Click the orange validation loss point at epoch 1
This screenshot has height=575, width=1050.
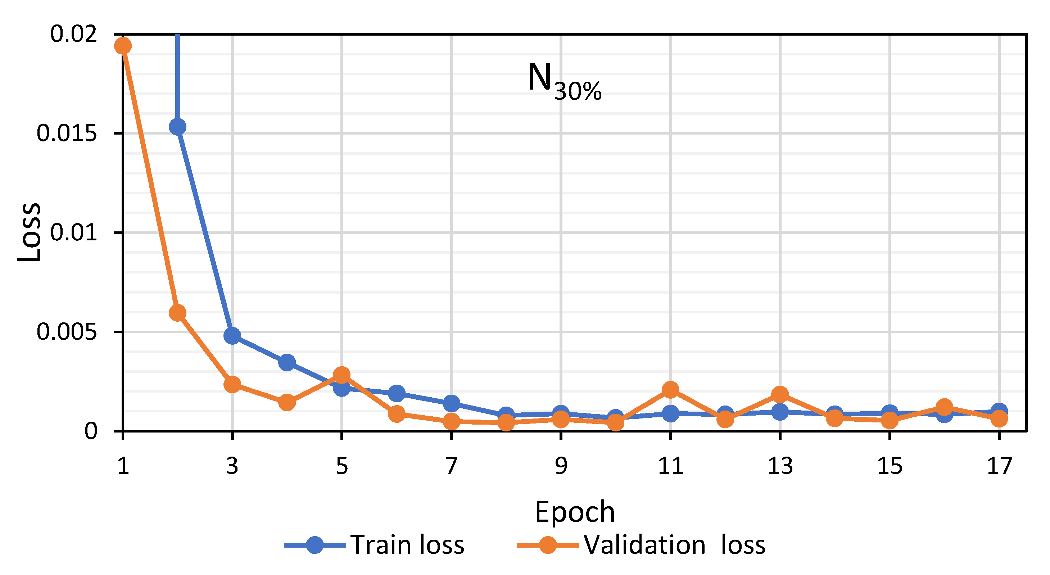click(x=123, y=46)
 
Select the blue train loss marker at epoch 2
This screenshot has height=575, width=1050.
click(x=177, y=127)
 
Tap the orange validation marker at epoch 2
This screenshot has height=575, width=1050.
click(x=177, y=313)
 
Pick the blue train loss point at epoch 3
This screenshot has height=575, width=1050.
click(x=232, y=335)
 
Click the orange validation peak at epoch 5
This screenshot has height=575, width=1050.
click(x=341, y=375)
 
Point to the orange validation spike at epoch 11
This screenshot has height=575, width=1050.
click(x=670, y=390)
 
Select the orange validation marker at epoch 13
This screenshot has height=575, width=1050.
click(x=780, y=394)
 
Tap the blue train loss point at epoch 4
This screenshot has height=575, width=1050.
click(x=287, y=362)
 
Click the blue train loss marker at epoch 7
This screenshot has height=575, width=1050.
click(x=451, y=403)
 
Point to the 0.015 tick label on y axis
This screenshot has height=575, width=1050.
click(x=67, y=133)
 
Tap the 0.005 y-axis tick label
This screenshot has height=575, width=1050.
click(x=67, y=332)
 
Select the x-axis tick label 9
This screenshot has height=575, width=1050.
click(x=561, y=466)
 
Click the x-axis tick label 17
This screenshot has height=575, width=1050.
click(x=999, y=466)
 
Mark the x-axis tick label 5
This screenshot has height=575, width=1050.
click(x=341, y=466)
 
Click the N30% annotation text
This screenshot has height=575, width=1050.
click(x=564, y=82)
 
